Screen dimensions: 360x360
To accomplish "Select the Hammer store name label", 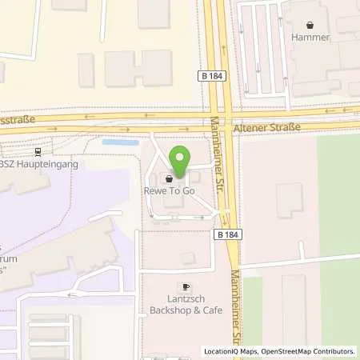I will pos(311,36).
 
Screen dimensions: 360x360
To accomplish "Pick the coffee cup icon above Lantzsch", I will pos(186,286).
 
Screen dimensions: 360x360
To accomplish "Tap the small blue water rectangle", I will pos(120,142).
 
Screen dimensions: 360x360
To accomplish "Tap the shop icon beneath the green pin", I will pos(169,178).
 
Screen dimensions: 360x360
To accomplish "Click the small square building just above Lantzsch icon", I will pos(187,258).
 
